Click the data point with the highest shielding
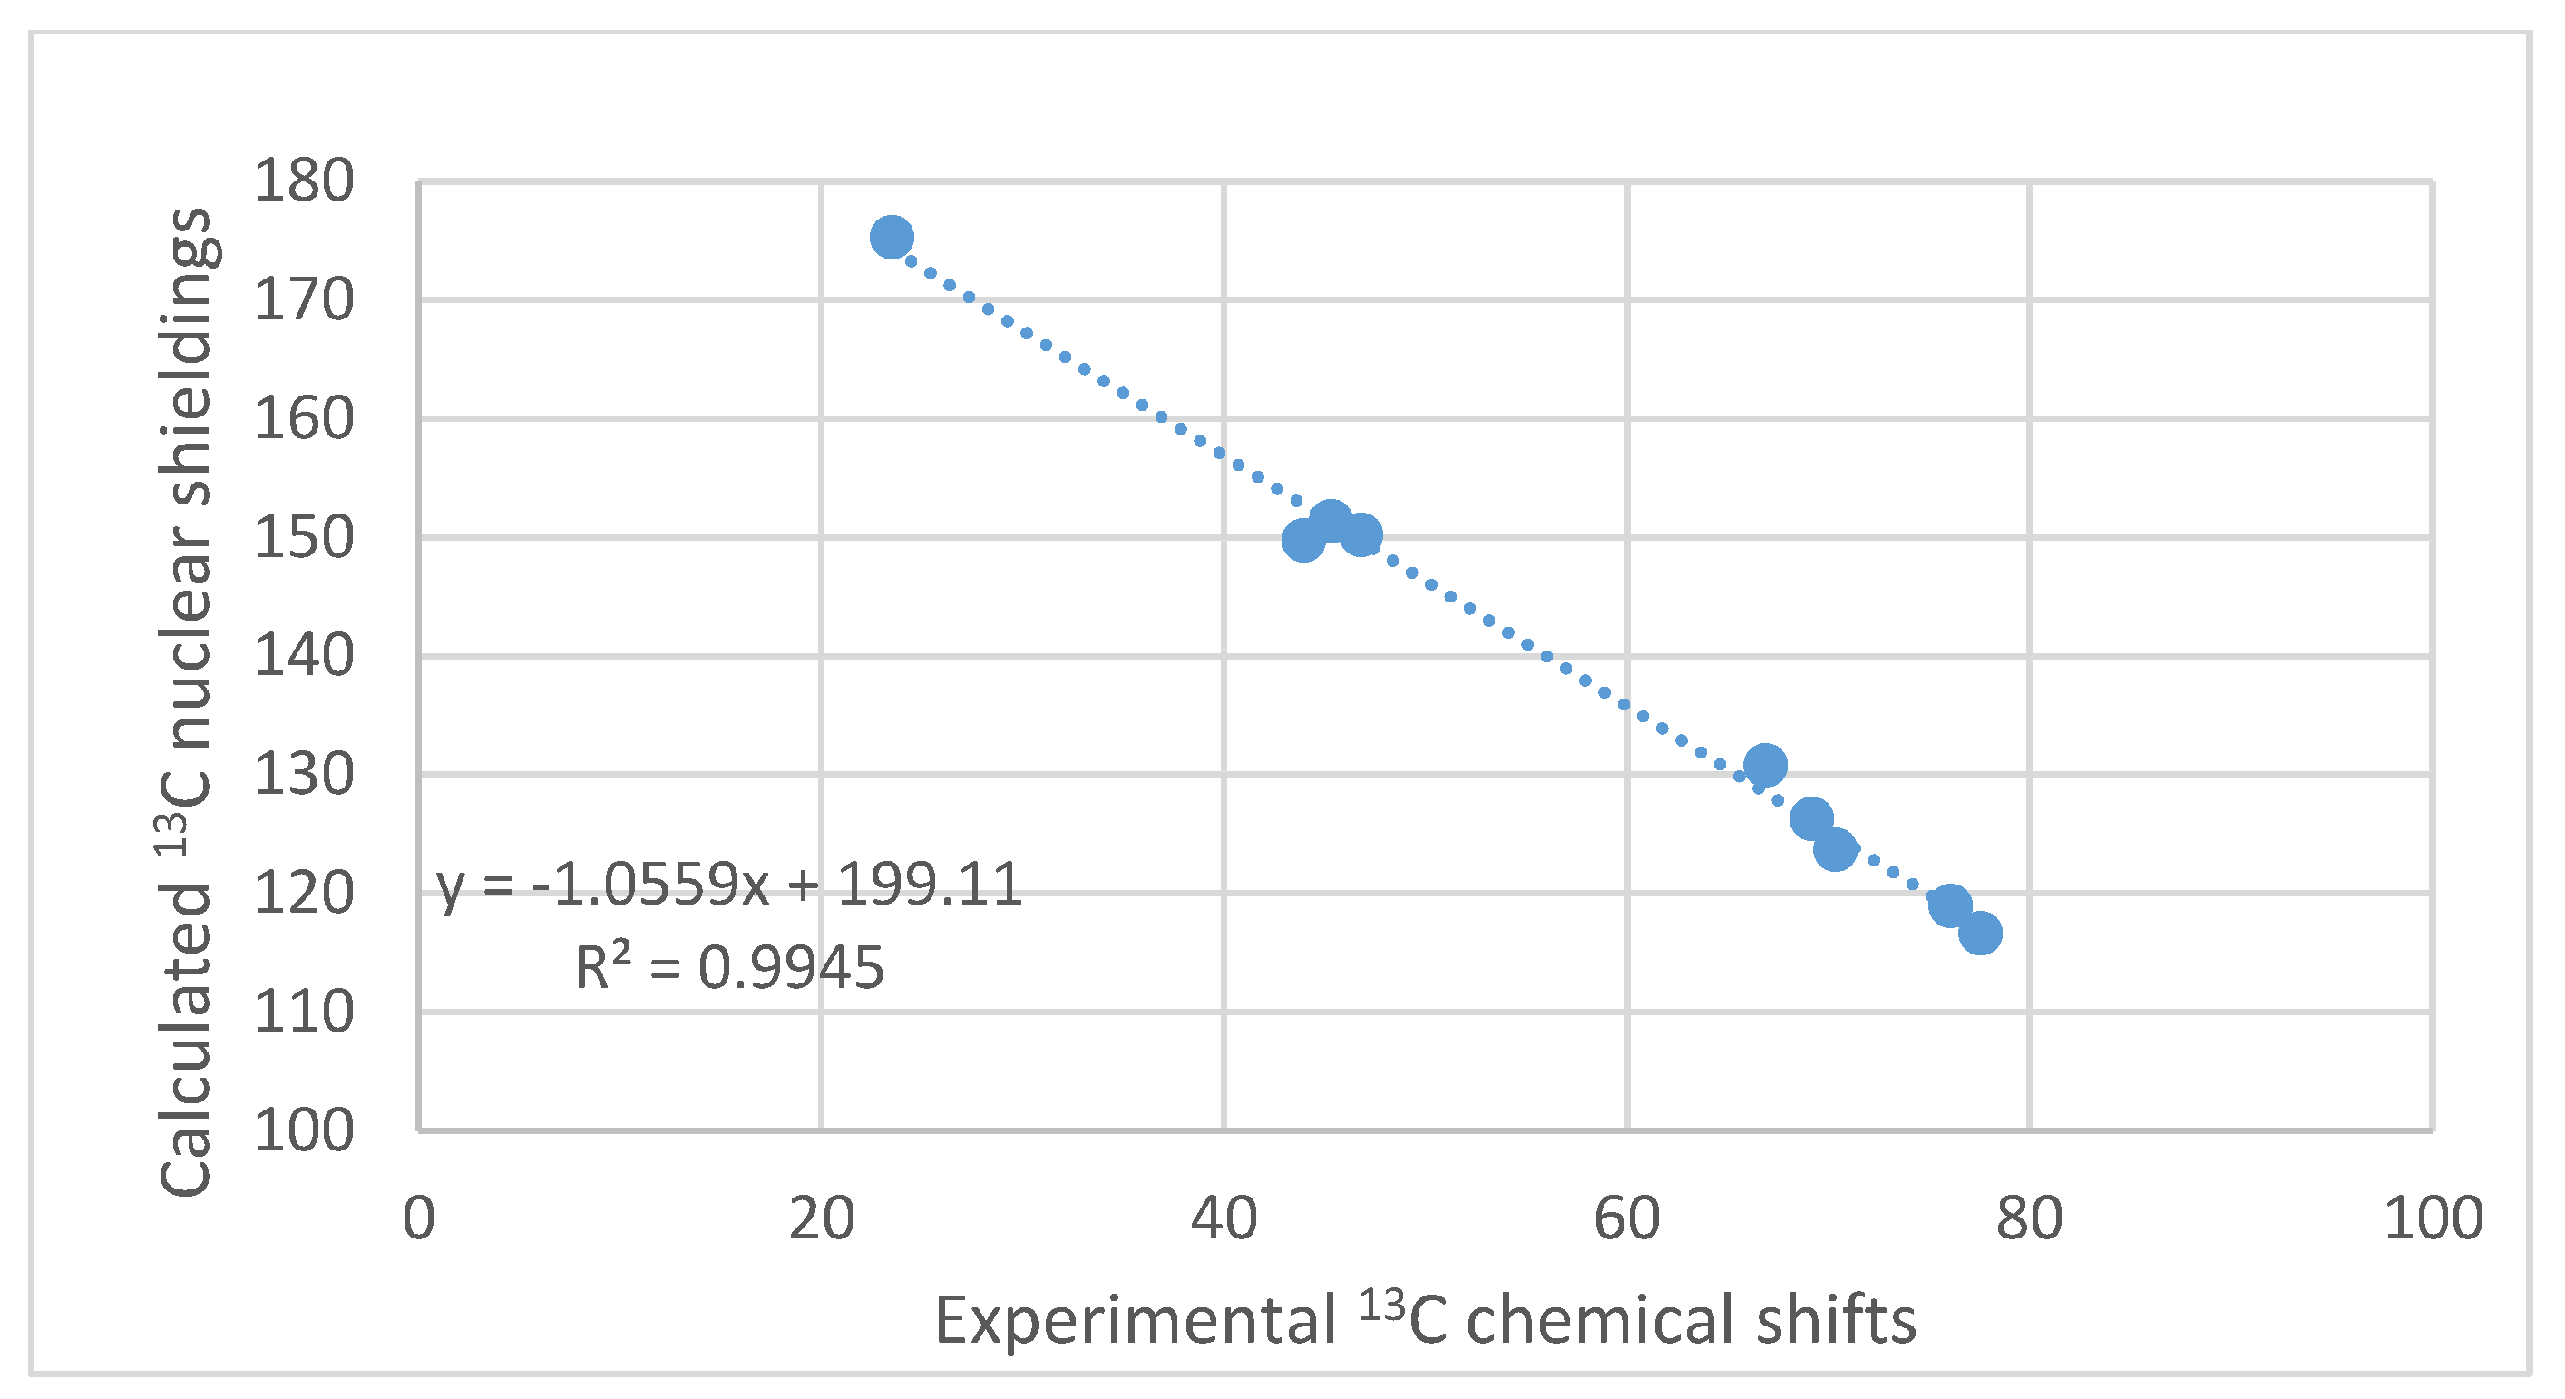892,237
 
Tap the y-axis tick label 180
304,181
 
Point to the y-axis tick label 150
304,538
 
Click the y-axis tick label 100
304,1131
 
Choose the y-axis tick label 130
304,775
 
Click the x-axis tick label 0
419,1218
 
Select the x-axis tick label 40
1224,1218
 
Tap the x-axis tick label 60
1626,1218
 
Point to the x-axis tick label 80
2028,1218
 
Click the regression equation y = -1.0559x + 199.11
730,885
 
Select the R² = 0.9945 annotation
730,967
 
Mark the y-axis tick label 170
304,299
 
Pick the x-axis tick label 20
822,1218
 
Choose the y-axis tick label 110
304,1013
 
